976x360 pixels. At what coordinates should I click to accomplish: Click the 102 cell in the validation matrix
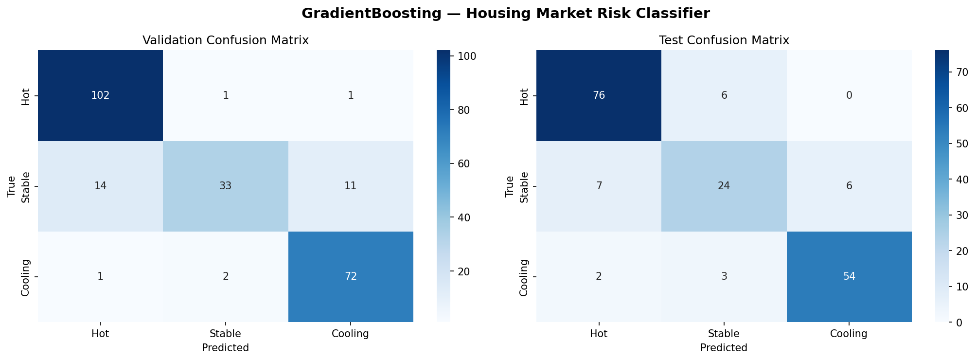click(100, 95)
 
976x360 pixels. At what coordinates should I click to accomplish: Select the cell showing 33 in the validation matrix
click(225, 186)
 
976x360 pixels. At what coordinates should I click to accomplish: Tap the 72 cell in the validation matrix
click(351, 276)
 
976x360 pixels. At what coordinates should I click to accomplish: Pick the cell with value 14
click(100, 186)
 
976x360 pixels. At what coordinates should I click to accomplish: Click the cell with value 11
click(351, 186)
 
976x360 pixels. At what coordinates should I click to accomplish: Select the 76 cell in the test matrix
click(599, 95)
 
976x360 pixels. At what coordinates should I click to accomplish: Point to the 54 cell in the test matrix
click(849, 276)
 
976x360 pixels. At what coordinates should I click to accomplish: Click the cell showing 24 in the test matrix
click(724, 186)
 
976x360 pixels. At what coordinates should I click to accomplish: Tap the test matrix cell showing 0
click(849, 95)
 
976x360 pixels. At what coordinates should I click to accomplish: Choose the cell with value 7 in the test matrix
click(599, 186)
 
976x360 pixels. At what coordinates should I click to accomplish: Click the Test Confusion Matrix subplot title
click(724, 40)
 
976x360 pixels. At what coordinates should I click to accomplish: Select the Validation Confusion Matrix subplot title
click(225, 40)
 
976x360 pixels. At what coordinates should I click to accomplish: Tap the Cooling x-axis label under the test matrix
click(849, 334)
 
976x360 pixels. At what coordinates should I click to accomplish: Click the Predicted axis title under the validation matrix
click(225, 348)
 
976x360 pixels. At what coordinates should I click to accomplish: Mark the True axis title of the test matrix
click(510, 186)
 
